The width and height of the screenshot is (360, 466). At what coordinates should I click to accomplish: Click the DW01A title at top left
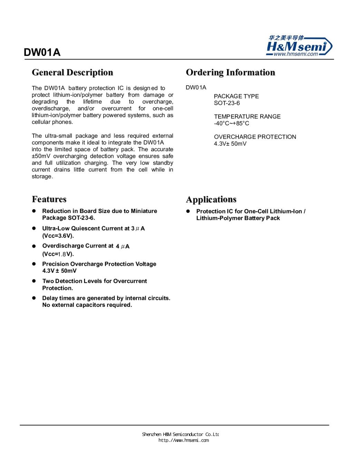42,52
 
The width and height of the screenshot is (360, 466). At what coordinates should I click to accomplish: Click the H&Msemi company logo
299,46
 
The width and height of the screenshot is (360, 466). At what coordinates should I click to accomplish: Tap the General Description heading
72,72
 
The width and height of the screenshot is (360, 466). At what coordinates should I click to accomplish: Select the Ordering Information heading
230,72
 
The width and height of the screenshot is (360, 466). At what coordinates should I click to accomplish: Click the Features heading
49,200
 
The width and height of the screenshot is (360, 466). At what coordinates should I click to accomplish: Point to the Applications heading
211,200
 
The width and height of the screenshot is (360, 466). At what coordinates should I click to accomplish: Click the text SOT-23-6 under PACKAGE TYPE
227,103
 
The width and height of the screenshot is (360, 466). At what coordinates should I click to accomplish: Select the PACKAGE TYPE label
236,96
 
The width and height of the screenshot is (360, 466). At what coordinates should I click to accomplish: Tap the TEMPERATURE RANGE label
247,117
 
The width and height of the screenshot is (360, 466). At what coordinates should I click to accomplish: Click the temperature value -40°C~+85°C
231,124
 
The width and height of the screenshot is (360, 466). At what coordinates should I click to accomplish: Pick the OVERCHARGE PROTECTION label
255,137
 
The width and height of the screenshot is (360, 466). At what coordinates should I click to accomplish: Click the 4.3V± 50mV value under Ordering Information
230,144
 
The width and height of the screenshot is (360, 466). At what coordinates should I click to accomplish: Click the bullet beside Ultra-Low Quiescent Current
34,229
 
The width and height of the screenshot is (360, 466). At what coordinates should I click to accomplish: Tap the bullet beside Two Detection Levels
34,281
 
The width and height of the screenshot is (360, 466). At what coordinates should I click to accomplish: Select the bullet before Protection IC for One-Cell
188,211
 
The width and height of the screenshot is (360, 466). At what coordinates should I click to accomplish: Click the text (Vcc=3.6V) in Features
58,236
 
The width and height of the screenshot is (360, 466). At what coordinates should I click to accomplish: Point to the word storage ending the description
42,177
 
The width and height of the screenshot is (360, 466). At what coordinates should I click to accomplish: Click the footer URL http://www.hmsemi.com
184,440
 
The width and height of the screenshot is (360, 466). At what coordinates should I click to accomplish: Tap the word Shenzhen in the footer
152,434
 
